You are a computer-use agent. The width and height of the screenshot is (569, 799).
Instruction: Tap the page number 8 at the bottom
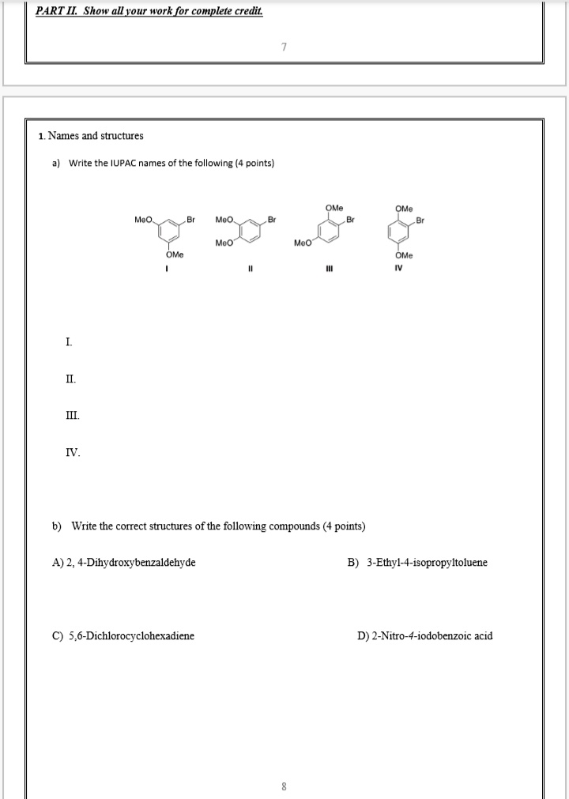pyautogui.click(x=284, y=786)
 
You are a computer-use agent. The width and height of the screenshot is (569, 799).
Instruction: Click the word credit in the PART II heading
pyautogui.click(x=245, y=11)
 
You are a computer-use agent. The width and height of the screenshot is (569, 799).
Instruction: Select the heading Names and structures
pyautogui.click(x=96, y=136)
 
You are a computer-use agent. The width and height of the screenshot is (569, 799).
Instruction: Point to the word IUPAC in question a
pyautogui.click(x=118, y=164)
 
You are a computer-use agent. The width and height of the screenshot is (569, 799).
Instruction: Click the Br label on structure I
pyautogui.click(x=190, y=217)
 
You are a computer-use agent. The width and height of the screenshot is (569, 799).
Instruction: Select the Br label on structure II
pyautogui.click(x=272, y=217)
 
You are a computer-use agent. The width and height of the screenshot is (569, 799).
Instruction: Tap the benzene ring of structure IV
pyautogui.click(x=404, y=231)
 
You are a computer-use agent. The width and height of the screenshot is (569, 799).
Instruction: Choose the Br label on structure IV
pyautogui.click(x=420, y=220)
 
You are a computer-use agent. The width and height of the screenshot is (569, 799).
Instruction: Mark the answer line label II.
pyautogui.click(x=71, y=379)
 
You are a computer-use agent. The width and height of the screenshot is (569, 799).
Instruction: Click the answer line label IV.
pyautogui.click(x=72, y=453)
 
